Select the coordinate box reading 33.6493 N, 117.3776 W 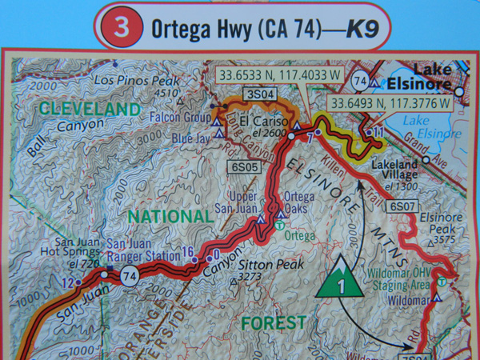pos(390,103)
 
